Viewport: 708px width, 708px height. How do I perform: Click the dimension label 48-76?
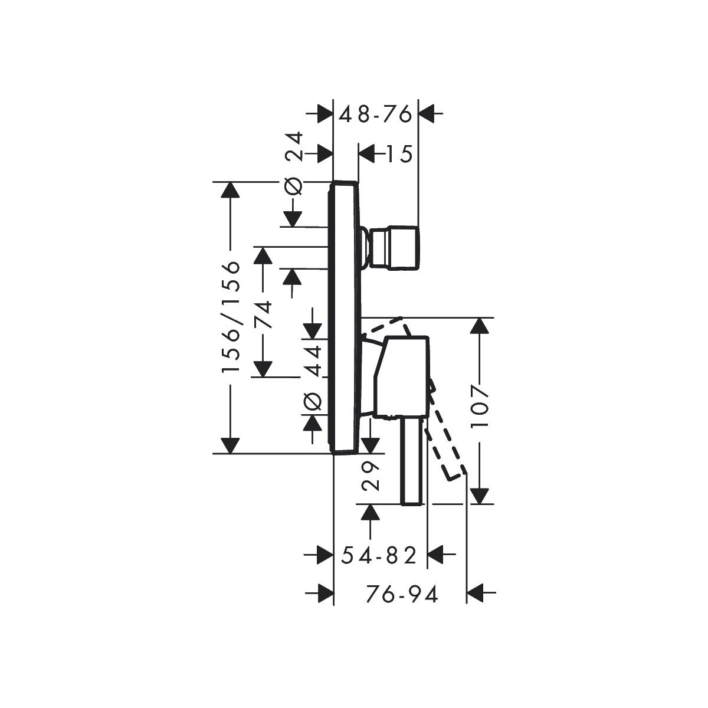[x=375, y=114]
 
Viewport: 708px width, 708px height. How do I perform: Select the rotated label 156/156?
[x=231, y=317]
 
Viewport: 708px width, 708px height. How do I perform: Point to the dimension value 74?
[x=263, y=314]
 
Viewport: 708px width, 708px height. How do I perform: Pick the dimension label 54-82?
[x=379, y=566]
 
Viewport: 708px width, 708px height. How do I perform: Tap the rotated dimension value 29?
[x=370, y=476]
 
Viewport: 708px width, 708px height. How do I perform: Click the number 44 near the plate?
[x=314, y=361]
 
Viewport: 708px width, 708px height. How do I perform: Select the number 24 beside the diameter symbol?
[x=294, y=146]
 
